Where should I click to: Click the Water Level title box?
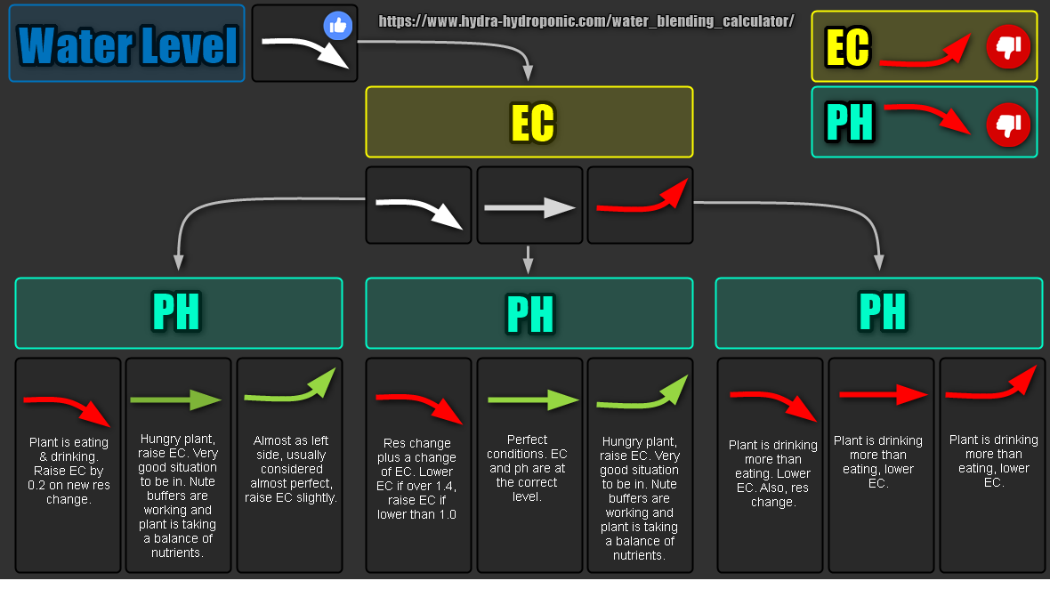point(127,44)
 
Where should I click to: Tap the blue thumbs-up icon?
point(337,26)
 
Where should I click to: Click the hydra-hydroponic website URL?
point(586,20)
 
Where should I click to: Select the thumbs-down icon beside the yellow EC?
point(1007,47)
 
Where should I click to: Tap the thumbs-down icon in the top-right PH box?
point(1007,125)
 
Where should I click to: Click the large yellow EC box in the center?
point(529,122)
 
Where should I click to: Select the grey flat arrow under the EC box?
point(529,208)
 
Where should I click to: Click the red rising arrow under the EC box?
point(641,200)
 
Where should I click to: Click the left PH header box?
point(178,312)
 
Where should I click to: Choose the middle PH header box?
point(529,313)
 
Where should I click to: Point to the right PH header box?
point(879,312)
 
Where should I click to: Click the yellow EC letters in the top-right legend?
point(847,48)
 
